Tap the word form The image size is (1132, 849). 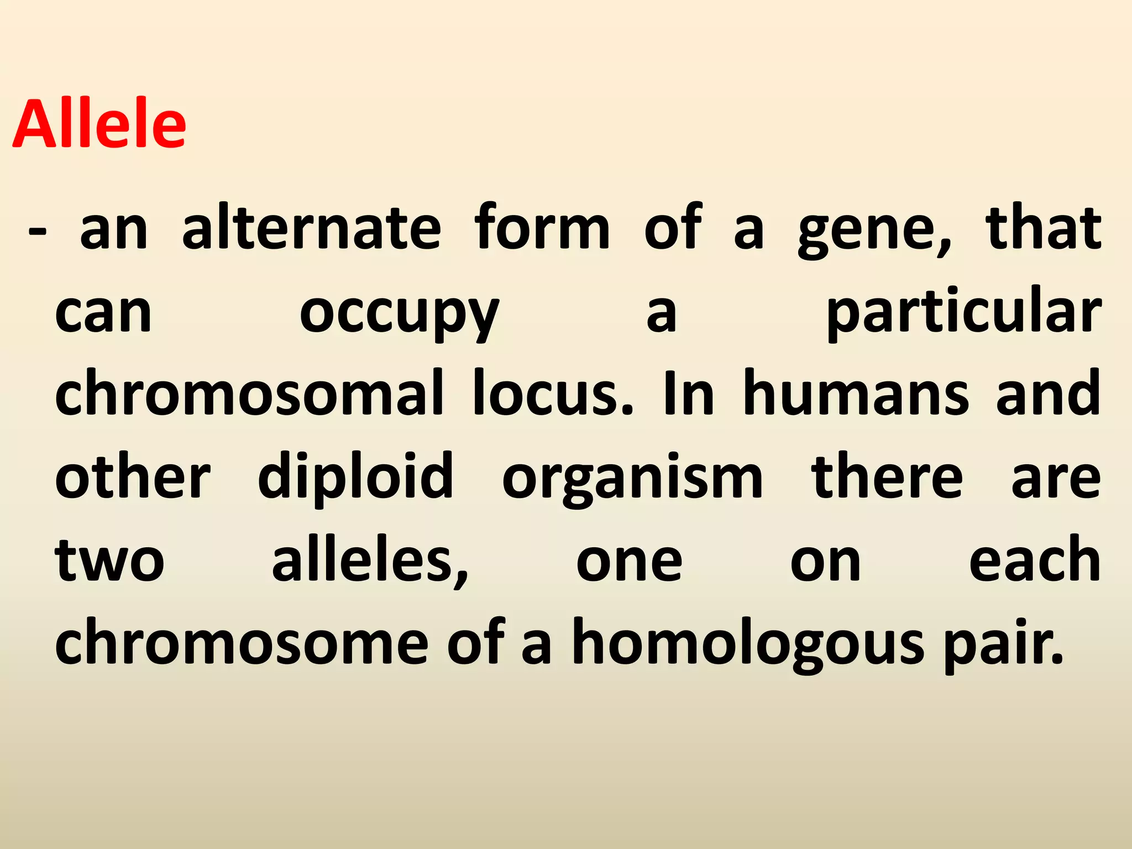542,227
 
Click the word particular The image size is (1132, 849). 963,313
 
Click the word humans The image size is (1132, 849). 855,394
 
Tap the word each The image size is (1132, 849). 1035,559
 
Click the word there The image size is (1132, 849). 887,476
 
